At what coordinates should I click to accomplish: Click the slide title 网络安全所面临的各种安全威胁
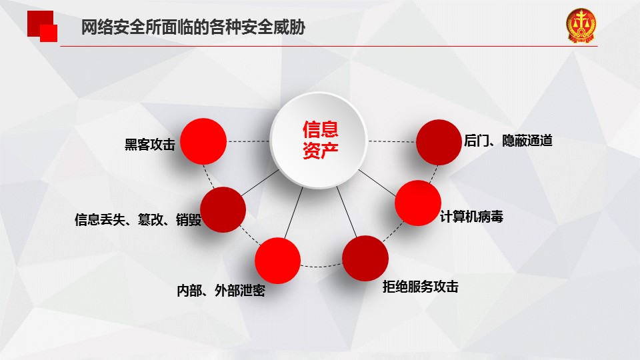[193, 27]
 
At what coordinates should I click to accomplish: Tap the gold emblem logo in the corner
[581, 26]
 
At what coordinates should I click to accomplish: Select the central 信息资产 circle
[319, 140]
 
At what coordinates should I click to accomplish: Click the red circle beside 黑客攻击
[203, 141]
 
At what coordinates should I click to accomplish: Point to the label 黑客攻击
[150, 144]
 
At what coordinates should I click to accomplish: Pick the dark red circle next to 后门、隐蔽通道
[439, 142]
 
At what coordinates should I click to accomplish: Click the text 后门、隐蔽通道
[508, 141]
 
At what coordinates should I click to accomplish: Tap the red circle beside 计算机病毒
[418, 203]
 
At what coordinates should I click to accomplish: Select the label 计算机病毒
[471, 216]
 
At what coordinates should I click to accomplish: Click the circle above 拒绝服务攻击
[365, 258]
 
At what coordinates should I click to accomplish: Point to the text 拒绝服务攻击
[421, 287]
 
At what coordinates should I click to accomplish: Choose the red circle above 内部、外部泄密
[277, 261]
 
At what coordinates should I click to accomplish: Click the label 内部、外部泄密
[221, 291]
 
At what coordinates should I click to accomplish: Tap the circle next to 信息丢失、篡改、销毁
[223, 209]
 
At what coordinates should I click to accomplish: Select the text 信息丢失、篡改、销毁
[138, 219]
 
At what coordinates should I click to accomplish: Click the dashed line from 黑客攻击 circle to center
[248, 141]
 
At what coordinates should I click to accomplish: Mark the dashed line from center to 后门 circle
[392, 141]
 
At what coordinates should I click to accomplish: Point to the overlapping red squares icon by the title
[42, 26]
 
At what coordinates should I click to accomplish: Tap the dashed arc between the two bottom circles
[321, 266]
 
